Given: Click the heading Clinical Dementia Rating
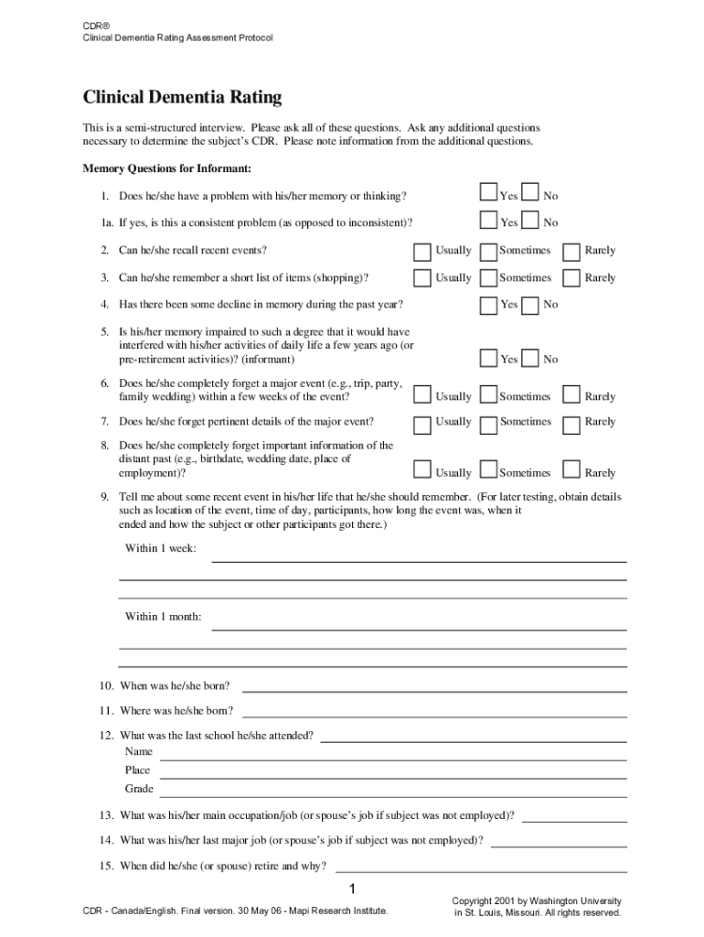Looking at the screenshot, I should click(x=182, y=97).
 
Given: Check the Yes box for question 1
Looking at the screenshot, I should click(x=488, y=193).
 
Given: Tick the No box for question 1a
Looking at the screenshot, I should click(x=530, y=221).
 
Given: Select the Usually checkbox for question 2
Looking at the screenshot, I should click(x=421, y=250).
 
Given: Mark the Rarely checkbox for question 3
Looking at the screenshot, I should click(x=571, y=277).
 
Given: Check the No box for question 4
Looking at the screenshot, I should click(x=530, y=304).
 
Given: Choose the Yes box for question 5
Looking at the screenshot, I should click(x=488, y=358).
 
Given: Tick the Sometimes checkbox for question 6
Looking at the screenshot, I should click(x=488, y=395).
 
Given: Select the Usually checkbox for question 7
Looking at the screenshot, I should click(x=421, y=423).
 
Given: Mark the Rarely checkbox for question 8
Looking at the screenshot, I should click(x=571, y=470).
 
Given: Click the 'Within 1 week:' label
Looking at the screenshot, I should click(x=160, y=549).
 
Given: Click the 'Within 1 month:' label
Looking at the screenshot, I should click(x=163, y=617).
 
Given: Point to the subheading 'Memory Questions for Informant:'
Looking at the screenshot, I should click(x=166, y=169).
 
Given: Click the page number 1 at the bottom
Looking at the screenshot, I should click(x=351, y=890).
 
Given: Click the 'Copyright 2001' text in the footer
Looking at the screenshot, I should click(x=538, y=900).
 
